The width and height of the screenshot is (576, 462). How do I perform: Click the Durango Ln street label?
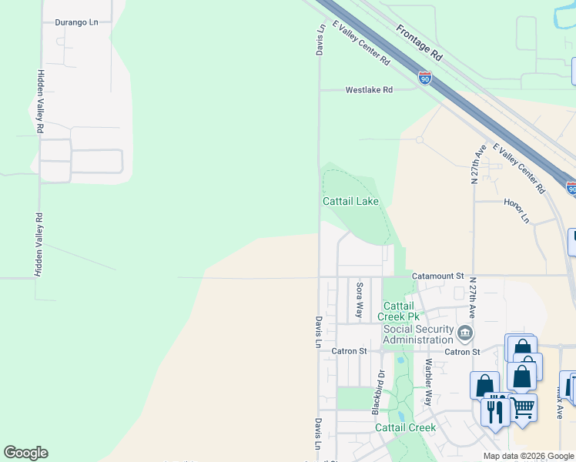pos(77,22)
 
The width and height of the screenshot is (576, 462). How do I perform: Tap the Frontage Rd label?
pos(420,42)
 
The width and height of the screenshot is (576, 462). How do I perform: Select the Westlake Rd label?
pos(369,90)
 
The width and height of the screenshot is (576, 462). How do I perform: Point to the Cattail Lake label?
pos(350,202)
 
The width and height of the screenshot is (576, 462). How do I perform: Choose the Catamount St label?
pos(437,275)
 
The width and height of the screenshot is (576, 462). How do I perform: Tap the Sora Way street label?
pos(359,300)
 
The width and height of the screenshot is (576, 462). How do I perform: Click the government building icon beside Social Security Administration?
pos(464,333)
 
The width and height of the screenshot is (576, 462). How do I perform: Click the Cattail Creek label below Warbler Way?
pos(405,427)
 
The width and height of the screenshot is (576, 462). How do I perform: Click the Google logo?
pos(25,453)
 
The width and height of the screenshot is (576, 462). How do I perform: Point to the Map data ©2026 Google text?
pos(528,456)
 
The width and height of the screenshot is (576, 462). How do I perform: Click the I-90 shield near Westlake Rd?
pos(425,78)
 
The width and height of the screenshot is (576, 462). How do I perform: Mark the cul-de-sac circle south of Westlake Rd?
pos(419,140)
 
